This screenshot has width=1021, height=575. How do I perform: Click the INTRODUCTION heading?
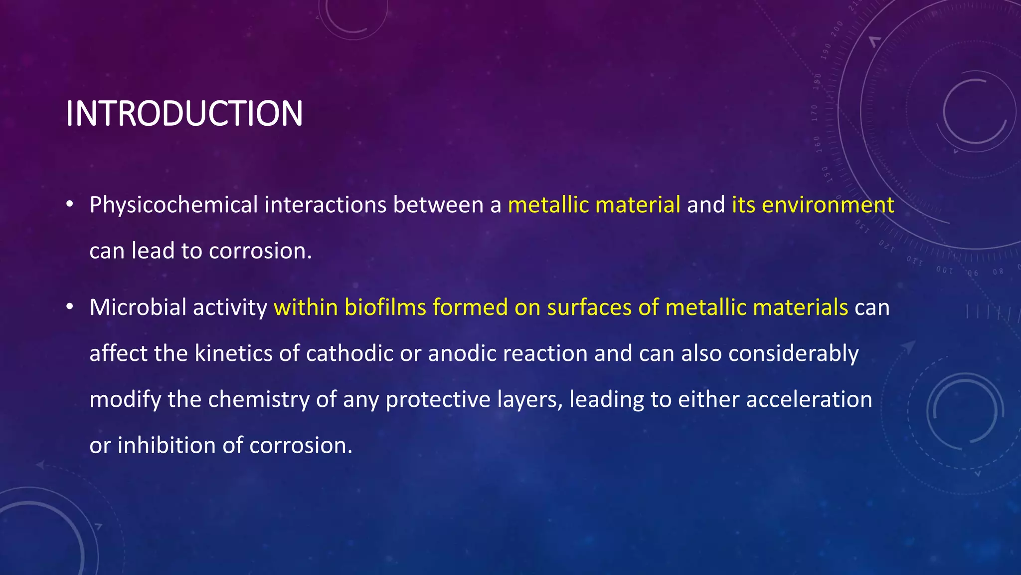[184, 114]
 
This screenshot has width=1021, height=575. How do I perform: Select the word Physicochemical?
[173, 205]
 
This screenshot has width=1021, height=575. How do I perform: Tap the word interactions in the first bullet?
[325, 205]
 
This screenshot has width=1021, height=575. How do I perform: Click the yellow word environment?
[828, 205]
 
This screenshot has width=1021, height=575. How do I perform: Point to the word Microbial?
[138, 307]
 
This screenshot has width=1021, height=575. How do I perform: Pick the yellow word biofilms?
[385, 307]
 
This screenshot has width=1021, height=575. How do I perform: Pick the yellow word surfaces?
[589, 307]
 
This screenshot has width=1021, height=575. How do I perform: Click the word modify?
[125, 399]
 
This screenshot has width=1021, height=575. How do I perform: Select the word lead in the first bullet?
[153, 251]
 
